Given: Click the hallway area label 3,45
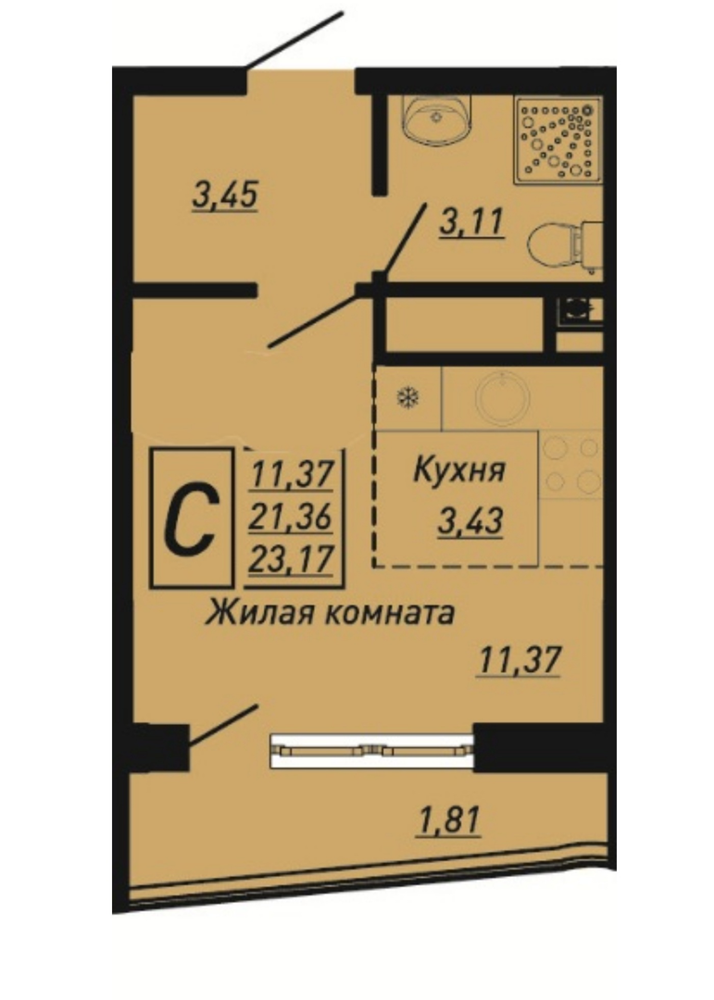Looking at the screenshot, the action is pos(225,194).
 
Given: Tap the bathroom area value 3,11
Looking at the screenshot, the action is pos(472,222).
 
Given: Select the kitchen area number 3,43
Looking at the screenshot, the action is pos(470,521).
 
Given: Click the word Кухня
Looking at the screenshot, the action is pos(459,470).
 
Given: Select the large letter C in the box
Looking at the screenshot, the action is pos(189,518).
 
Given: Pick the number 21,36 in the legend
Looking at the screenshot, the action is pos(291,517).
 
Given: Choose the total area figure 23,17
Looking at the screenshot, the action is pos(291,559).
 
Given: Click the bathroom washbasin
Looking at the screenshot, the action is pos(437,119).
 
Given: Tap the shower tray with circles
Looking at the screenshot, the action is pos(558,140).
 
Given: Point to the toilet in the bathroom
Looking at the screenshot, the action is pos(566,244).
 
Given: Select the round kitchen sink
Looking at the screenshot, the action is pos(502,398).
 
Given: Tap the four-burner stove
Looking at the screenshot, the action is pos(571,464).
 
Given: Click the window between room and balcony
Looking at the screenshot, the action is pos(372,751).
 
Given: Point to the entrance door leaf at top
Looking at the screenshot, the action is pos(294,40).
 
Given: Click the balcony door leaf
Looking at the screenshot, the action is pos(223,724).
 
